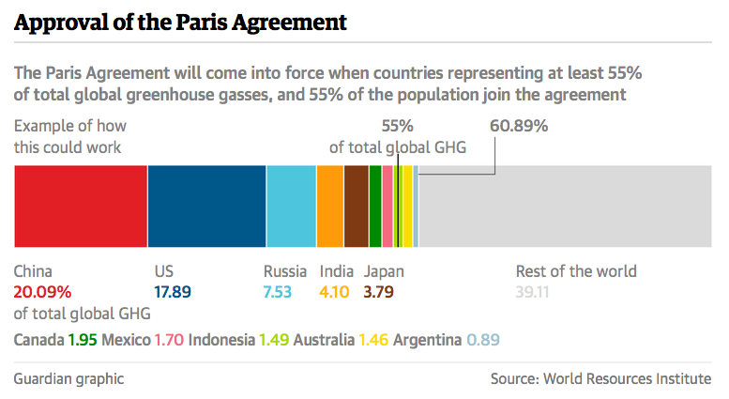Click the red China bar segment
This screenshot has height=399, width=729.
80,206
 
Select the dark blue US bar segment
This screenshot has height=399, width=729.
206,206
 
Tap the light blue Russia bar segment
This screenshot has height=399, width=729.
291,206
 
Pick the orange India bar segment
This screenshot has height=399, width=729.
330,206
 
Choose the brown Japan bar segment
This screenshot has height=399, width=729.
357,206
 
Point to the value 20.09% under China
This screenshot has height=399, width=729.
42,292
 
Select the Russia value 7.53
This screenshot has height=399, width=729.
278,292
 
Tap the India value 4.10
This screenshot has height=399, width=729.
334,292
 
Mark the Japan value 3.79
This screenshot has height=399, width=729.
378,292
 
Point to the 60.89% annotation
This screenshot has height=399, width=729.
519,126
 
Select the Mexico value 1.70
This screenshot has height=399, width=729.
168,339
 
